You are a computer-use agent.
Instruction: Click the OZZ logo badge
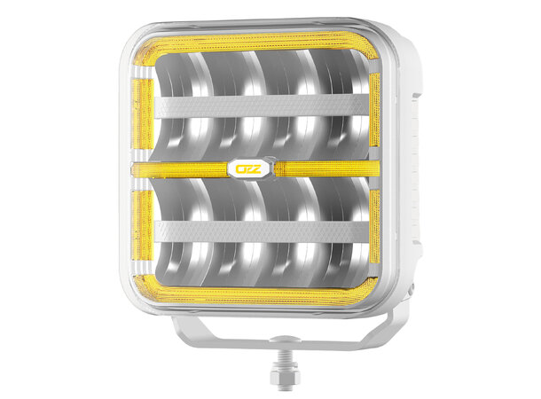pos(251,168)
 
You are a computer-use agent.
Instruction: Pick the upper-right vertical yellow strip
pos(374,106)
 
